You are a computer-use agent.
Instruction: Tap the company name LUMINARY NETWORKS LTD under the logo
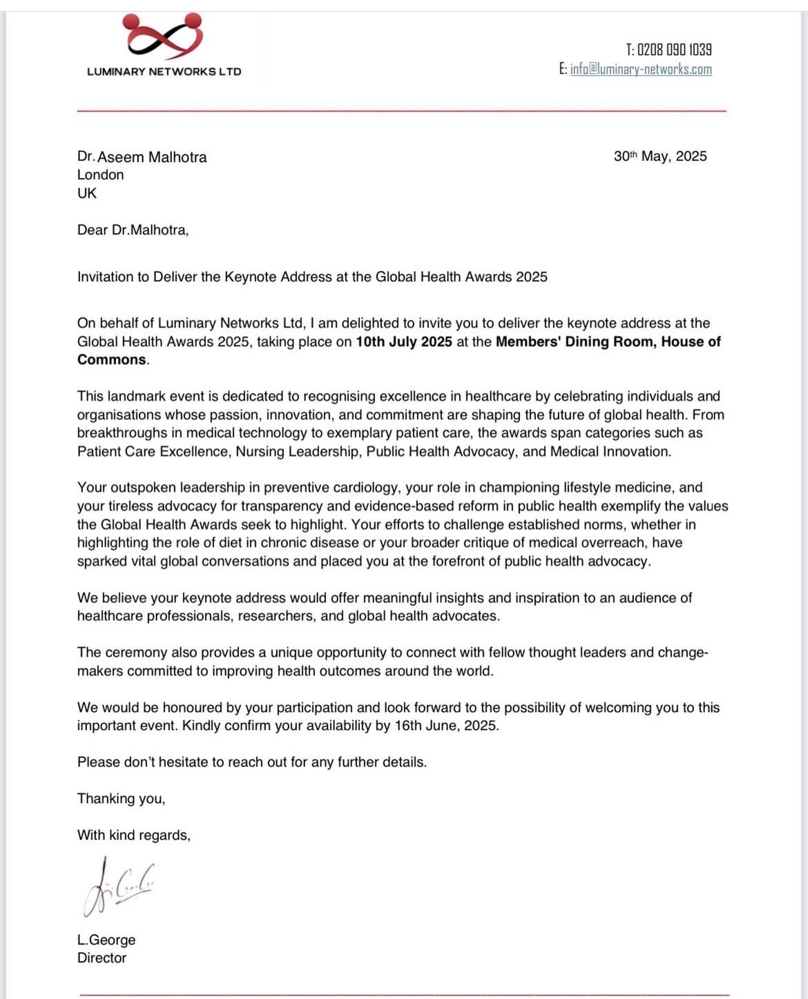164,72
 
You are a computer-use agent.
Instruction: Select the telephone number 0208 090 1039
674,50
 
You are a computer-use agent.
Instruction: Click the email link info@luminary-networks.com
641,69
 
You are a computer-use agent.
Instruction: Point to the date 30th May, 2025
660,157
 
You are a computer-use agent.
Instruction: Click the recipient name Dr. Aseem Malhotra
142,157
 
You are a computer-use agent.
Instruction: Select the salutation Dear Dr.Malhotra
133,230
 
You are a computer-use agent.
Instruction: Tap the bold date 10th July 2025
404,342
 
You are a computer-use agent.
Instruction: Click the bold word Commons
112,360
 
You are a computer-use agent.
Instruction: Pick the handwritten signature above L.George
118,887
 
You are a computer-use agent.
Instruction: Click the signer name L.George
106,940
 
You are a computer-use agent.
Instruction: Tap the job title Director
102,958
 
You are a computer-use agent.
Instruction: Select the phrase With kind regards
133,835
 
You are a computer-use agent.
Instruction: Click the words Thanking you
121,799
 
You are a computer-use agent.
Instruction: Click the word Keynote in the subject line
249,277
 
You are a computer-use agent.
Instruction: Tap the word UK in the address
87,193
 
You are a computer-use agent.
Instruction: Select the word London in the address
101,175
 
